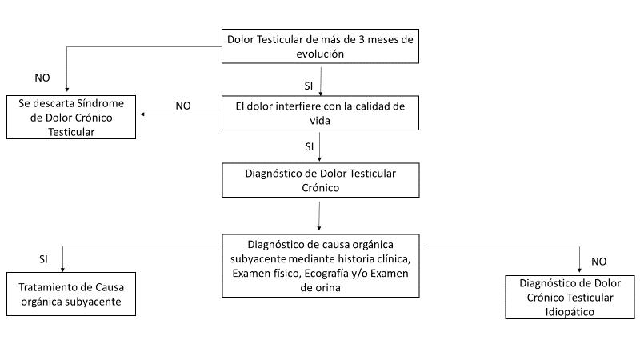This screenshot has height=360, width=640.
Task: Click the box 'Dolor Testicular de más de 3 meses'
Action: [320, 47]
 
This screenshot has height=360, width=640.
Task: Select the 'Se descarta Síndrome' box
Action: [71, 118]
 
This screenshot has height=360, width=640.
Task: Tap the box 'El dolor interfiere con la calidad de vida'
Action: [320, 113]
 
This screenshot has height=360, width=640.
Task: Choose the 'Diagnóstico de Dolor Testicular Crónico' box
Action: [320, 180]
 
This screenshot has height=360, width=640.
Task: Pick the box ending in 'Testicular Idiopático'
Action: [570, 298]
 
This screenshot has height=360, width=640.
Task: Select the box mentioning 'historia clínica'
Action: [320, 266]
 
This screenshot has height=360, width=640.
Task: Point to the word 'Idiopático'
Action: [570, 312]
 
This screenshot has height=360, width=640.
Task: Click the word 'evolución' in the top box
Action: [320, 55]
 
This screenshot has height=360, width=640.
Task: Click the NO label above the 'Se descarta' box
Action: [43, 78]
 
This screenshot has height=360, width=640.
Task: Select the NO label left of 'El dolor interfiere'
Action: [183, 105]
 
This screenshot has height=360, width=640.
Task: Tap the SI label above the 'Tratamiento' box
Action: [43, 259]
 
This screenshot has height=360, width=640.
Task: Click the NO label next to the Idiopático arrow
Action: [598, 261]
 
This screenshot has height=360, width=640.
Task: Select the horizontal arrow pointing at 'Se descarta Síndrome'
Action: [180, 115]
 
